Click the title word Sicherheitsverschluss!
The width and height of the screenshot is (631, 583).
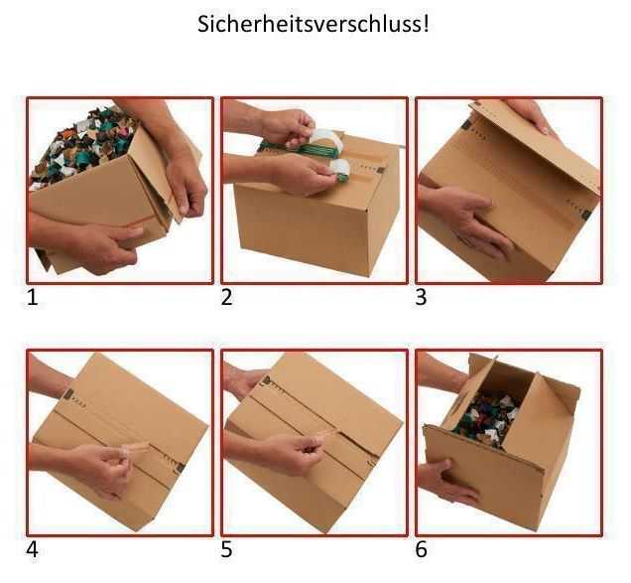(315, 24)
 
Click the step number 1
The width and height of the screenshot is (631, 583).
(33, 296)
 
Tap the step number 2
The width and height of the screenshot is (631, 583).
(226, 296)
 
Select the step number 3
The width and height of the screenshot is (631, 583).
(421, 296)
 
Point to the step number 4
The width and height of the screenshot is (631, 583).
(33, 548)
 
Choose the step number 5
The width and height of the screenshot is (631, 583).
(226, 548)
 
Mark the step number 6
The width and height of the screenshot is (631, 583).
(421, 548)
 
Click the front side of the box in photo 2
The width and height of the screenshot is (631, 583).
(298, 223)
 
